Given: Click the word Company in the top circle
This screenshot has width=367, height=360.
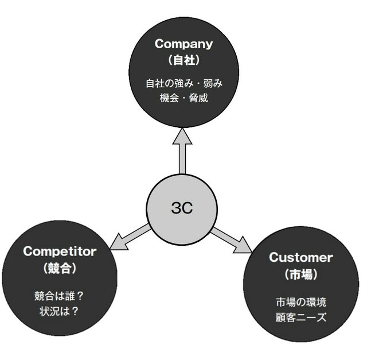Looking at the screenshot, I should point(183,44).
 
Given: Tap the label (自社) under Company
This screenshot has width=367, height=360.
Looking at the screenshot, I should point(183,59).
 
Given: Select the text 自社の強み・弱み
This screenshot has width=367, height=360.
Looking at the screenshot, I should point(183,83).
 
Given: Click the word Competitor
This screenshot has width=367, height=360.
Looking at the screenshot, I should point(60,251).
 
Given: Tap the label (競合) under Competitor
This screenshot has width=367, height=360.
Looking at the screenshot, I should point(60,267).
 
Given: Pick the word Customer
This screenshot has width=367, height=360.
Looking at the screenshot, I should point(300,257).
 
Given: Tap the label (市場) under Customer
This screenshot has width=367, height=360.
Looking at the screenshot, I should point(300,274).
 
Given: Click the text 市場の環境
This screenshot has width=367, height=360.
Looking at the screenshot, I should point(300,302).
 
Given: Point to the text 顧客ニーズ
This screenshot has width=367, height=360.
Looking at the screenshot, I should point(300,317).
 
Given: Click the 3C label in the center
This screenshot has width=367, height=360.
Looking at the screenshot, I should point(182,208).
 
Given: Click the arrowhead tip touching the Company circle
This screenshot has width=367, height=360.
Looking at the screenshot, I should point(182,133).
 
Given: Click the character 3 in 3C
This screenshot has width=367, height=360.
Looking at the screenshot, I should point(176,208).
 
